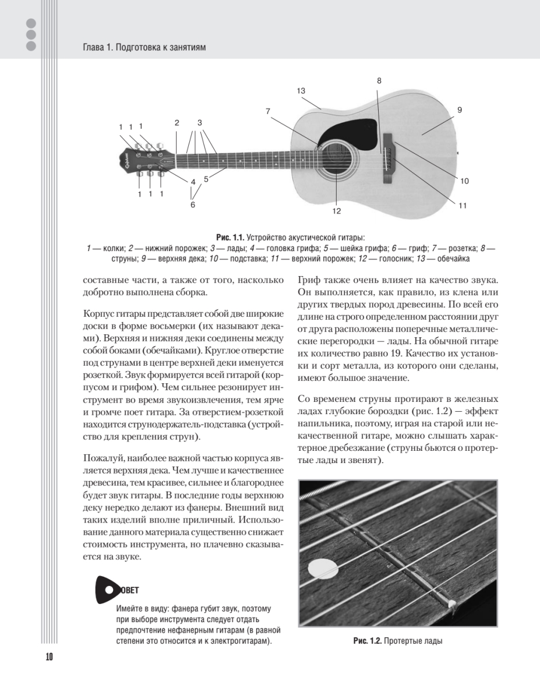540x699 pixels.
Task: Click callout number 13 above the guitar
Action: (301, 90)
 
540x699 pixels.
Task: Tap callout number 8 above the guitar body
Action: (379, 81)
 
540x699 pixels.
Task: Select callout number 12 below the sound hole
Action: (336, 211)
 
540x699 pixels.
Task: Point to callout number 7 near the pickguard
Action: (268, 111)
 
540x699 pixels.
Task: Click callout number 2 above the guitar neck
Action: (177, 122)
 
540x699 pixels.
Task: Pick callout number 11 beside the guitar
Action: (463, 205)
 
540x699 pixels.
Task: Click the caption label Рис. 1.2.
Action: (367, 641)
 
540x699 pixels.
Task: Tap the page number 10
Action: (49, 657)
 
